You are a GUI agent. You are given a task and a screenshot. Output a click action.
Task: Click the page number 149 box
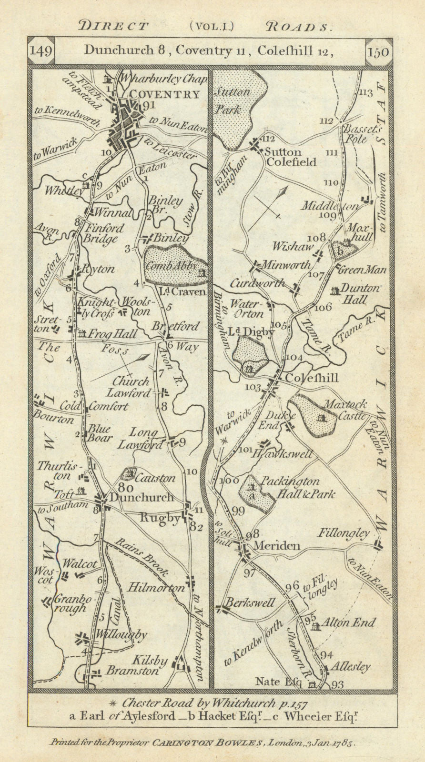click(40, 51)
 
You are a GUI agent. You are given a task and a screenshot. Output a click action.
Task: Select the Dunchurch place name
click(142, 497)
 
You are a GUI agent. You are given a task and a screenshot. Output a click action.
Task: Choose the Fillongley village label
click(344, 533)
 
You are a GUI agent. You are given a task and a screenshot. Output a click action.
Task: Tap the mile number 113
click(366, 92)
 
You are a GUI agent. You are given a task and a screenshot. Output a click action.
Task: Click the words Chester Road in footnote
click(162, 702)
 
